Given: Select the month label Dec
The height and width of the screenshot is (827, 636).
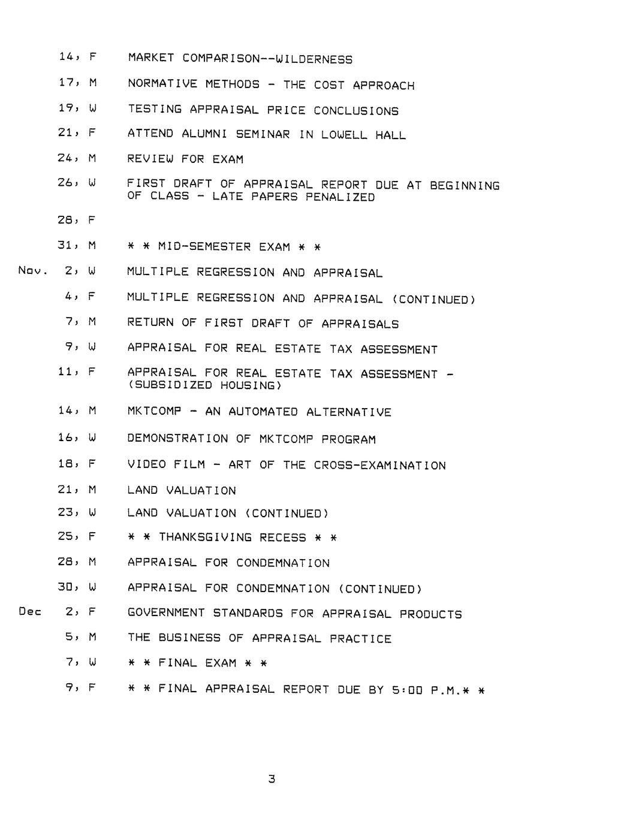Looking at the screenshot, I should tap(30, 612).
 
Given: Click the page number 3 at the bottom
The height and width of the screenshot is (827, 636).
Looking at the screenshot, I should tap(272, 779).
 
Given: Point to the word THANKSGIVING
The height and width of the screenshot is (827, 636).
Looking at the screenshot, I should tap(205, 538).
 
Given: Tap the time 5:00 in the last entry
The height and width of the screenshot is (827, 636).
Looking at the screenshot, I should tap(407, 690).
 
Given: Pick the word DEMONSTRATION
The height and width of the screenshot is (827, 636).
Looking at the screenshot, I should tap(177, 439).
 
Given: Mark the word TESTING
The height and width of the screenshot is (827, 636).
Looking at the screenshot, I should tap(155, 110).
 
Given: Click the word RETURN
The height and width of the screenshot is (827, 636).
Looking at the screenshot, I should tap(150, 323).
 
